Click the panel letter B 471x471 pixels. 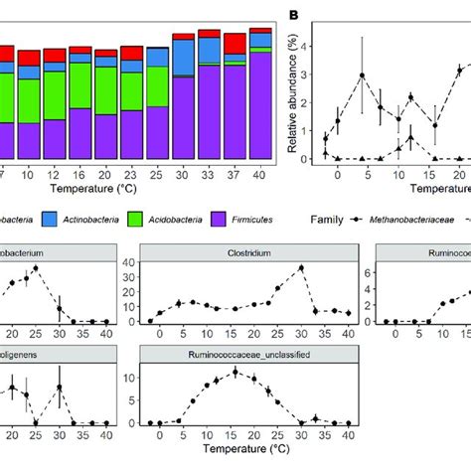(x=295, y=15)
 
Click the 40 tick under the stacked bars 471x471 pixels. (x=259, y=172)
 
